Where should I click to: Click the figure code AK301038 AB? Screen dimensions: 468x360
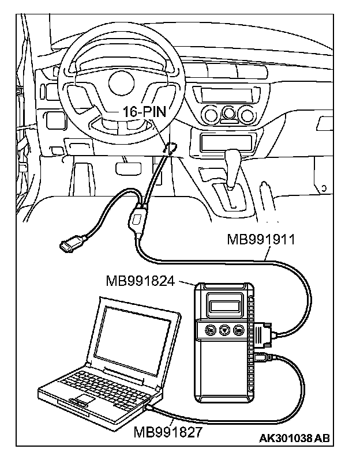pyautogui.click(x=294, y=439)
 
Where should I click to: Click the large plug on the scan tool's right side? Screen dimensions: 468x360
pyautogui.click(x=262, y=334)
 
